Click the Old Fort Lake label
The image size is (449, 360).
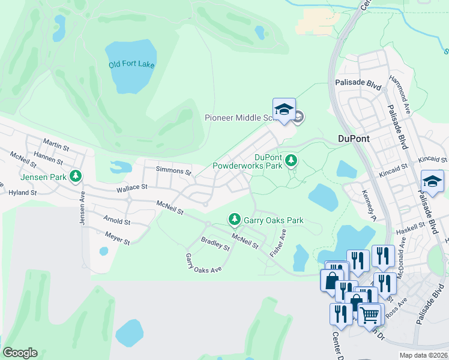point(131,64)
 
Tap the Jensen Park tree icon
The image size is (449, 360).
point(76,176)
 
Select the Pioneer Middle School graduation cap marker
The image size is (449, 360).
point(284,110)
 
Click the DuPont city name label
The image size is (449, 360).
point(354,139)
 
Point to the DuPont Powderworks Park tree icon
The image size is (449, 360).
point(291,160)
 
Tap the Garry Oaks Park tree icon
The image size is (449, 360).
point(235,220)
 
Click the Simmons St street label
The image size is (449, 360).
point(173,172)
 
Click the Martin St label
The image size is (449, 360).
point(56,145)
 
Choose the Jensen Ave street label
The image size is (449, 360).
point(82,209)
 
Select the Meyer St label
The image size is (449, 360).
point(117,238)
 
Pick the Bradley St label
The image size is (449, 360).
point(215,244)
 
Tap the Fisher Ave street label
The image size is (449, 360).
point(278,243)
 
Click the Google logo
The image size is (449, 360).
point(20,353)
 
